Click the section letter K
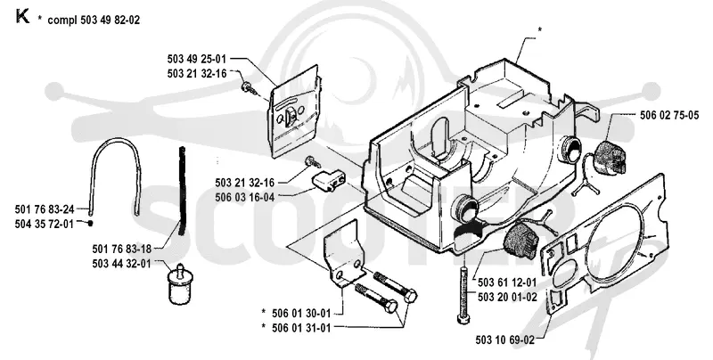[22, 16]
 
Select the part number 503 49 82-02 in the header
[111, 20]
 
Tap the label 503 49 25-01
[196, 59]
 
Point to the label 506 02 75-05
[669, 116]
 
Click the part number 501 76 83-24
[45, 209]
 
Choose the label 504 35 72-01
[44, 224]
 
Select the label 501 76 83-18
[121, 250]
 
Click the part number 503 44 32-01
[121, 264]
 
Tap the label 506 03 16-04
[244, 197]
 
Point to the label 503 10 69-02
[505, 340]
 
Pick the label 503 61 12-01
[507, 282]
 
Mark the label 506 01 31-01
[301, 327]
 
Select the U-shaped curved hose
[117, 143]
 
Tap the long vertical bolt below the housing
[463, 295]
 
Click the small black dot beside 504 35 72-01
[91, 223]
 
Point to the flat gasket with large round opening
[604, 245]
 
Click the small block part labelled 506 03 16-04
[325, 180]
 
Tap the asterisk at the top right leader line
[540, 30]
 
